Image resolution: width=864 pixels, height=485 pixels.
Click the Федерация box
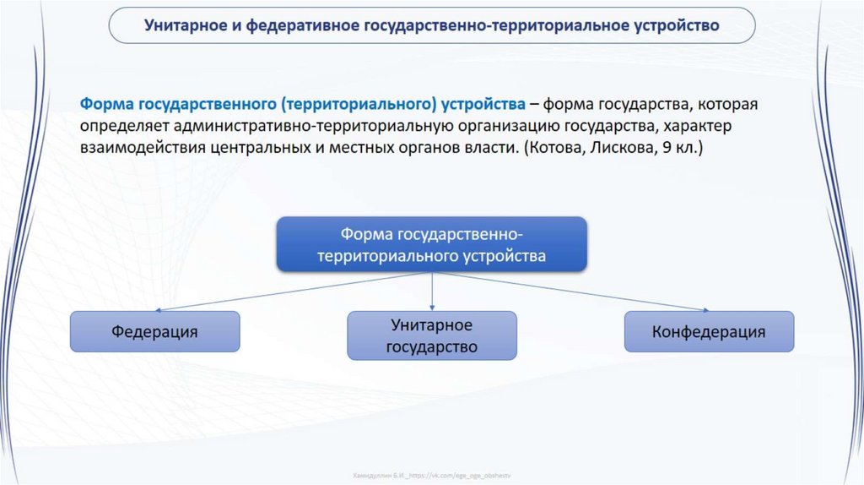[154, 331]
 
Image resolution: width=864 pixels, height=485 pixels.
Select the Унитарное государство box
[432, 335]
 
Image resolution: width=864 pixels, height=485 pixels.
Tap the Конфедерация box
[709, 331]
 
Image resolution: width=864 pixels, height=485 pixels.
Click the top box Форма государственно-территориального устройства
[432, 243]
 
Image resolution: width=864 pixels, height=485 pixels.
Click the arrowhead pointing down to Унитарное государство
[432, 307]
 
